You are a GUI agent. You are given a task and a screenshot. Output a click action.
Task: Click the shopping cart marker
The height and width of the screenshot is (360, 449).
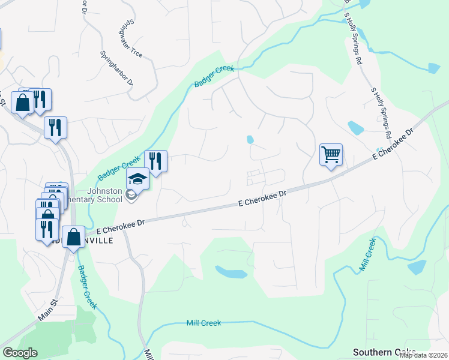click(331, 154)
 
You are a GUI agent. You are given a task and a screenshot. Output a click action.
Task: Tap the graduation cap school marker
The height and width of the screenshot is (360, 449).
click(137, 179)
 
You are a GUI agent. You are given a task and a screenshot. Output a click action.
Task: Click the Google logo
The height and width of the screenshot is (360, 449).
click(20, 353)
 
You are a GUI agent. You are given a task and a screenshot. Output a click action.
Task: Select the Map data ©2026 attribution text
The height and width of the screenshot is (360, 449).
click(423, 355)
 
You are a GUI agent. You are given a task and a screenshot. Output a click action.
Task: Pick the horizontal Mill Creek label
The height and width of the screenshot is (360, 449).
click(203, 323)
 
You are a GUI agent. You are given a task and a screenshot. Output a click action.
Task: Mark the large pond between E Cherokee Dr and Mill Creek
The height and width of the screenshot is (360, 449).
click(231, 272)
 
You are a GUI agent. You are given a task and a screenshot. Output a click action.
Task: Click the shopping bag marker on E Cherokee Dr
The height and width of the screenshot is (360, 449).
click(73, 237)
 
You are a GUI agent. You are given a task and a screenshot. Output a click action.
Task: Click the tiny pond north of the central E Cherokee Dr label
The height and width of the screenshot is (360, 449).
click(250, 139)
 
